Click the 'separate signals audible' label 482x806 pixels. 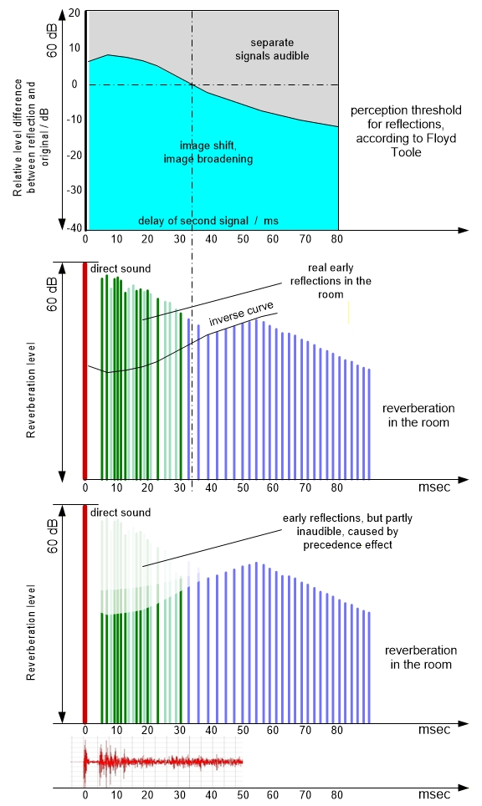coord(272,49)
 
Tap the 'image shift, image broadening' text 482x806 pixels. coord(208,152)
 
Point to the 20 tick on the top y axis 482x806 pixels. coord(74,13)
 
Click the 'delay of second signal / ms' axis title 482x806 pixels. coord(208,221)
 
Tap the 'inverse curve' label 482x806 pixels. coord(241,314)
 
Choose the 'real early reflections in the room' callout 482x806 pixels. coord(331,281)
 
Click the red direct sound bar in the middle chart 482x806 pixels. coord(85,370)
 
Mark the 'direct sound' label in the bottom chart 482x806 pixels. coord(120,513)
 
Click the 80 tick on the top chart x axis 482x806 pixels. coord(337,239)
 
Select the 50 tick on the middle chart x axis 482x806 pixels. coord(243,487)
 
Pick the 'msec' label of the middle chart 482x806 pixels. coord(433,487)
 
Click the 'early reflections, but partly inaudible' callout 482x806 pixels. coord(348,532)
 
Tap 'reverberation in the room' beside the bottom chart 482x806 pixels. coord(421,657)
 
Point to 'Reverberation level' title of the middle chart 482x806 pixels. coord(31,390)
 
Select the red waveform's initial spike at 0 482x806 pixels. coord(85,762)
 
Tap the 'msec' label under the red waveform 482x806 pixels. coord(433,794)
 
